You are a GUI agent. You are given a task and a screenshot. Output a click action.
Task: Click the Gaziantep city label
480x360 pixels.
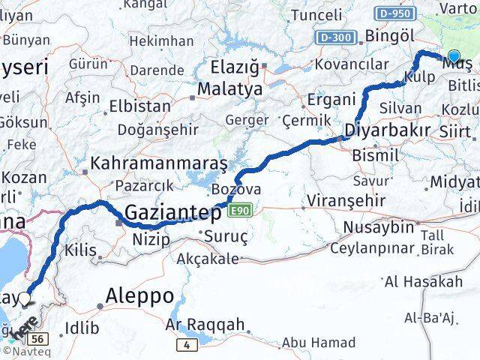point(173,214)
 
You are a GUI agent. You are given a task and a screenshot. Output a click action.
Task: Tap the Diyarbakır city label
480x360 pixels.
point(387,130)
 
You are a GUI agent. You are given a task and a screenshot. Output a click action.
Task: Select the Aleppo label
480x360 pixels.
point(141,295)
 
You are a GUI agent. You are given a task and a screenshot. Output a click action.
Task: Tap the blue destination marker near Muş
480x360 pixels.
point(454,55)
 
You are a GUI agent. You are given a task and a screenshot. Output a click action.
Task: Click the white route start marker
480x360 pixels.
point(25,299)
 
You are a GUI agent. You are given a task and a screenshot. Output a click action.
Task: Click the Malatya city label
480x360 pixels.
point(230,89)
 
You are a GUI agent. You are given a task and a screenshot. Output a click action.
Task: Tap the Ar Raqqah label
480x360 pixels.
point(205,324)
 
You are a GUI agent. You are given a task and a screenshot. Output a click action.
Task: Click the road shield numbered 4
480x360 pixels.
point(185,344)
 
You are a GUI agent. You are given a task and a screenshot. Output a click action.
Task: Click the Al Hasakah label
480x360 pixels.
point(423,282)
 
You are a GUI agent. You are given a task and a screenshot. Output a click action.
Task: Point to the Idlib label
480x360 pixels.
point(82,327)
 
